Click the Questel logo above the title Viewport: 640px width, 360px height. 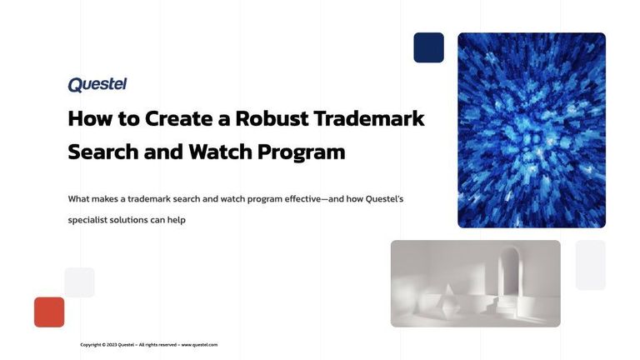97,84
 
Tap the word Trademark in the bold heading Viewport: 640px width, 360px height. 368,118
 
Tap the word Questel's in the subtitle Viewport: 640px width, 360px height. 381,199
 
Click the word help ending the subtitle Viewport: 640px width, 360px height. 175,220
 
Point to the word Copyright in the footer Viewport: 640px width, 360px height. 91,344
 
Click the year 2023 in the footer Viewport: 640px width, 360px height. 112,344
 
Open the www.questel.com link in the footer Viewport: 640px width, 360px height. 199,344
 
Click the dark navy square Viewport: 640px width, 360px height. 428,47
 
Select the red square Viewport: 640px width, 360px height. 49,312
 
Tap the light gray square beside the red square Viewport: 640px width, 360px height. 79,282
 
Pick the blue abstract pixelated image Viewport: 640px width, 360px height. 531,130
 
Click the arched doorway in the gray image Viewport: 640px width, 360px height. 510,279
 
